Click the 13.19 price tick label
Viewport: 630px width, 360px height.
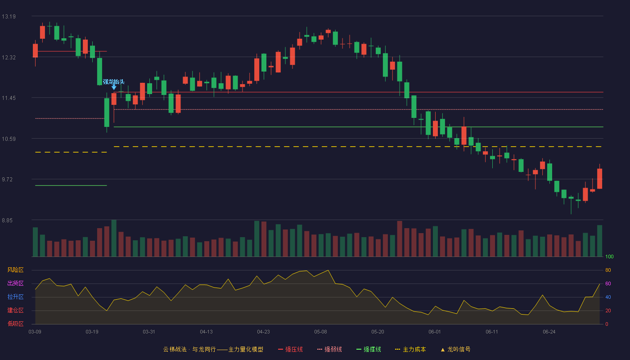pyautogui.click(x=9, y=17)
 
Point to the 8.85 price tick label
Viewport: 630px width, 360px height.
pyautogui.click(x=7, y=220)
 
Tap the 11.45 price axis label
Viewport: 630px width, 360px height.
pyautogui.click(x=9, y=98)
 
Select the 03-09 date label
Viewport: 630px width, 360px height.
pyautogui.click(x=35, y=332)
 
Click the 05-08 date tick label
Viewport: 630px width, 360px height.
pyautogui.click(x=320, y=332)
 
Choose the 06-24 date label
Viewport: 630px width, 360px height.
pyautogui.click(x=549, y=332)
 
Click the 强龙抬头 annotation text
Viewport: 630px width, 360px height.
pyautogui.click(x=113, y=82)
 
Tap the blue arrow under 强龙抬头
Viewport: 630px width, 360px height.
pyautogui.click(x=114, y=87)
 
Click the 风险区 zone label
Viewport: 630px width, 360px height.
pyautogui.click(x=15, y=270)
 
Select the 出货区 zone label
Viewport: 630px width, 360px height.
pyautogui.click(x=15, y=283)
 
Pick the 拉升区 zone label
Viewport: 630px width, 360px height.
pyautogui.click(x=15, y=297)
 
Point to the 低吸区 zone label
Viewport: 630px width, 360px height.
pyautogui.click(x=15, y=324)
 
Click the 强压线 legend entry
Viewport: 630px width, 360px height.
pyautogui.click(x=290, y=349)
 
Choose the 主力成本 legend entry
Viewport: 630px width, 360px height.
pyautogui.click(x=410, y=349)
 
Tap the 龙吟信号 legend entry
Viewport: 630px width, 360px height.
pyautogui.click(x=455, y=349)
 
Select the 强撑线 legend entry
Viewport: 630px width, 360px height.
pyautogui.click(x=369, y=349)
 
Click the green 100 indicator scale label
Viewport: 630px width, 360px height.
pyautogui.click(x=609, y=256)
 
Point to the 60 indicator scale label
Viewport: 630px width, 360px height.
pyautogui.click(x=608, y=283)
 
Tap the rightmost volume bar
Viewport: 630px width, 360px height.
pyautogui.click(x=599, y=241)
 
